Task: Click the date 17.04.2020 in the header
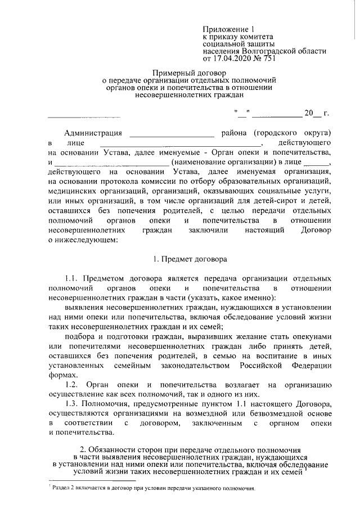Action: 231,58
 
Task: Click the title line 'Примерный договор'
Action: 188,73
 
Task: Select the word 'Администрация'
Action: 93,133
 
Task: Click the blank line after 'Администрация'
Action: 172,134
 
